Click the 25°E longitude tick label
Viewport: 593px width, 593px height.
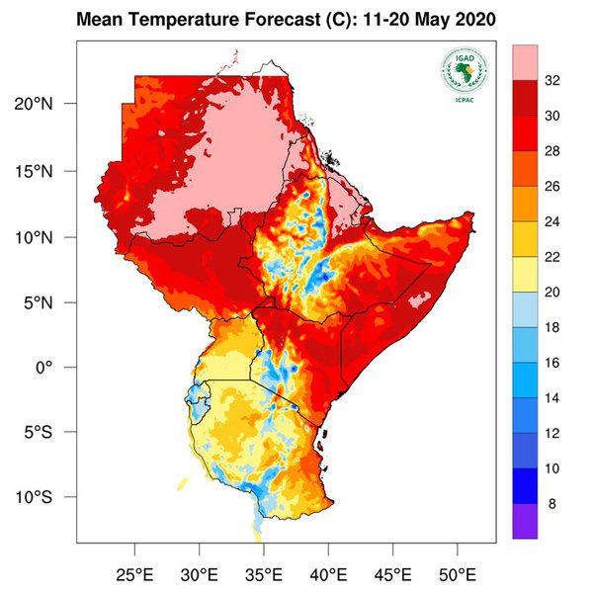coord(134,574)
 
